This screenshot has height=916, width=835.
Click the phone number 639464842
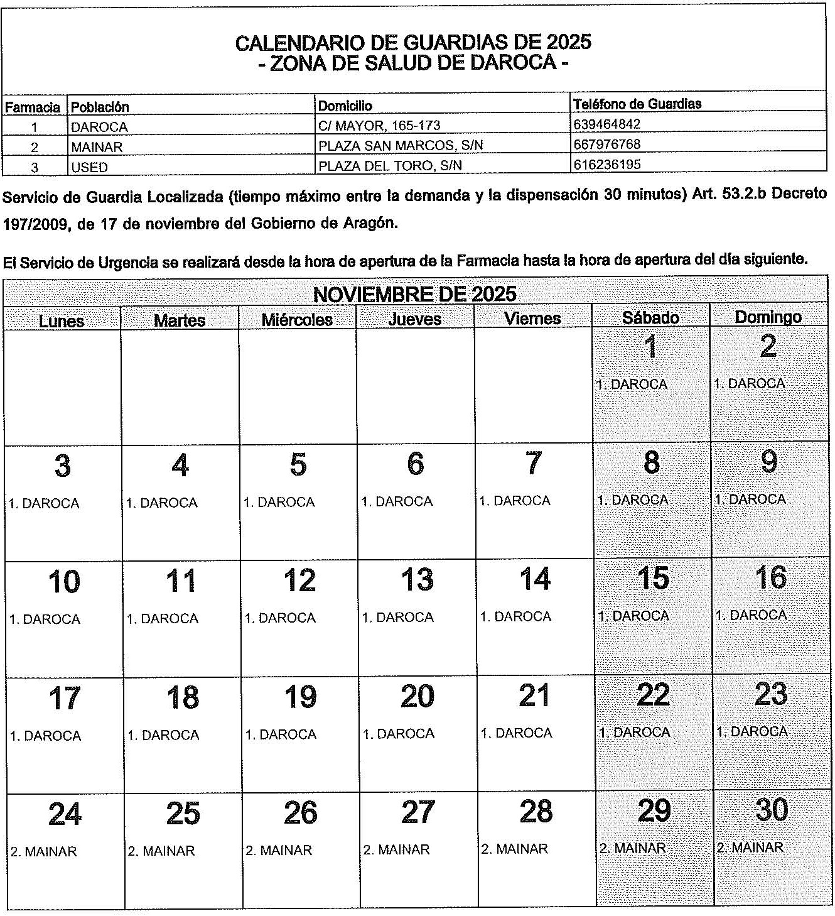point(606,124)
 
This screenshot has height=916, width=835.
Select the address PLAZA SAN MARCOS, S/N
point(401,146)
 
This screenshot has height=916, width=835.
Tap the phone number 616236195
point(606,164)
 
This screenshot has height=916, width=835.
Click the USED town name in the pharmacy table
point(89,167)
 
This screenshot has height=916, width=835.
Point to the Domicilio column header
point(345,106)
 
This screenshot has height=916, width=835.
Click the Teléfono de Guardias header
point(637,104)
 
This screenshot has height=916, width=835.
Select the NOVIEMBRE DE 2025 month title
point(414,294)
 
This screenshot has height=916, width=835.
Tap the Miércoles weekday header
point(297,319)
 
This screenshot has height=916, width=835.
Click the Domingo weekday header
point(768,317)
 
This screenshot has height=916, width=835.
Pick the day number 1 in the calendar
point(650,347)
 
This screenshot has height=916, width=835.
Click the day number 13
point(416,579)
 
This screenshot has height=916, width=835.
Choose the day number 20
point(417,696)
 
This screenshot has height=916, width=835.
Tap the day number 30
point(771,810)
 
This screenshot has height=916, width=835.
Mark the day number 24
point(65,814)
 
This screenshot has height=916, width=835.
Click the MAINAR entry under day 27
point(396,849)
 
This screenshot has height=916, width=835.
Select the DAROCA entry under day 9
point(750,499)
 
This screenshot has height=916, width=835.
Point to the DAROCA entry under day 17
point(45,736)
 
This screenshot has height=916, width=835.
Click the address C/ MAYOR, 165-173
point(379,126)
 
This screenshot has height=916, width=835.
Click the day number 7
point(533,463)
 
